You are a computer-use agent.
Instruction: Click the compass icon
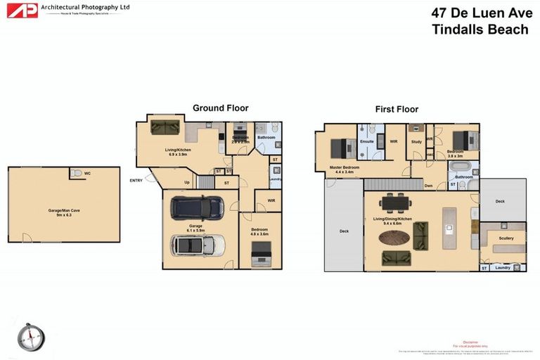pos(31,336)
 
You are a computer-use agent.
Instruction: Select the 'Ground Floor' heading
pos(220,108)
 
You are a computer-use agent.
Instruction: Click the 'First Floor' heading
pos(396,109)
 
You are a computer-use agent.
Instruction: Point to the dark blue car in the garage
pos(198,207)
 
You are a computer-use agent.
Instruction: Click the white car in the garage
pos(198,245)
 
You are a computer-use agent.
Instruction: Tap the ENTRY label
pos(136,181)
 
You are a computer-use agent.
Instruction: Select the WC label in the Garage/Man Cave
pos(87,173)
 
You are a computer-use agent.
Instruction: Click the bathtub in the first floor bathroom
pos(461,169)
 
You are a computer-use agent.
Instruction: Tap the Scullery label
pos(506,238)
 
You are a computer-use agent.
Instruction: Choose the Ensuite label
pos(366,141)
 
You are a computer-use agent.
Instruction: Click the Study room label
pos(416,142)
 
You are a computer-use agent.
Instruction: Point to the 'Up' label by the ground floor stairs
pos(186,183)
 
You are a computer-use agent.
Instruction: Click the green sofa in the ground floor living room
pos(165,127)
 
